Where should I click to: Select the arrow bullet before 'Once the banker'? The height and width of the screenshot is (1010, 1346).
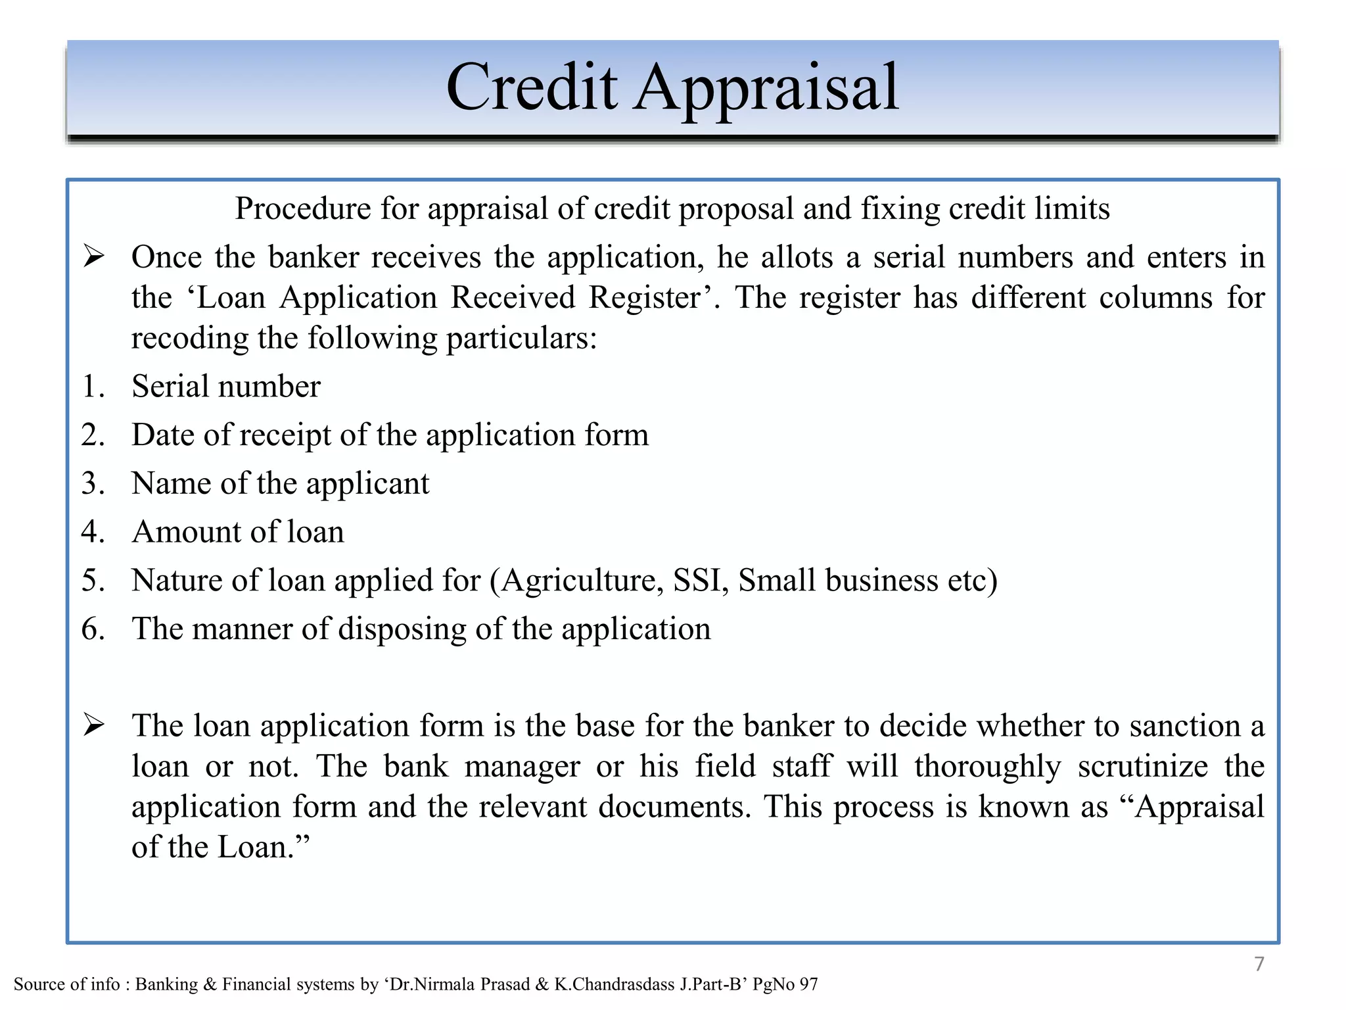94,256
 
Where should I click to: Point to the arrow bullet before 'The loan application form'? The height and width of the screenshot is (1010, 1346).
94,725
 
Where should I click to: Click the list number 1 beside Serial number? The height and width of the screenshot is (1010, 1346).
93,386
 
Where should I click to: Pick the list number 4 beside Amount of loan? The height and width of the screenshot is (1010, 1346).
93,532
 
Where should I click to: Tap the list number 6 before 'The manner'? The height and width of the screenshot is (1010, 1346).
93,629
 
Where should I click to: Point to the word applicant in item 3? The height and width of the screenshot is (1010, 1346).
367,484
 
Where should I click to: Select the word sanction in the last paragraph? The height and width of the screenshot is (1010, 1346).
1176,726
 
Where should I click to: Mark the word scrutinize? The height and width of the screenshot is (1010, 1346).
1142,767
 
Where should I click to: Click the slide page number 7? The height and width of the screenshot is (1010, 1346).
1259,964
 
